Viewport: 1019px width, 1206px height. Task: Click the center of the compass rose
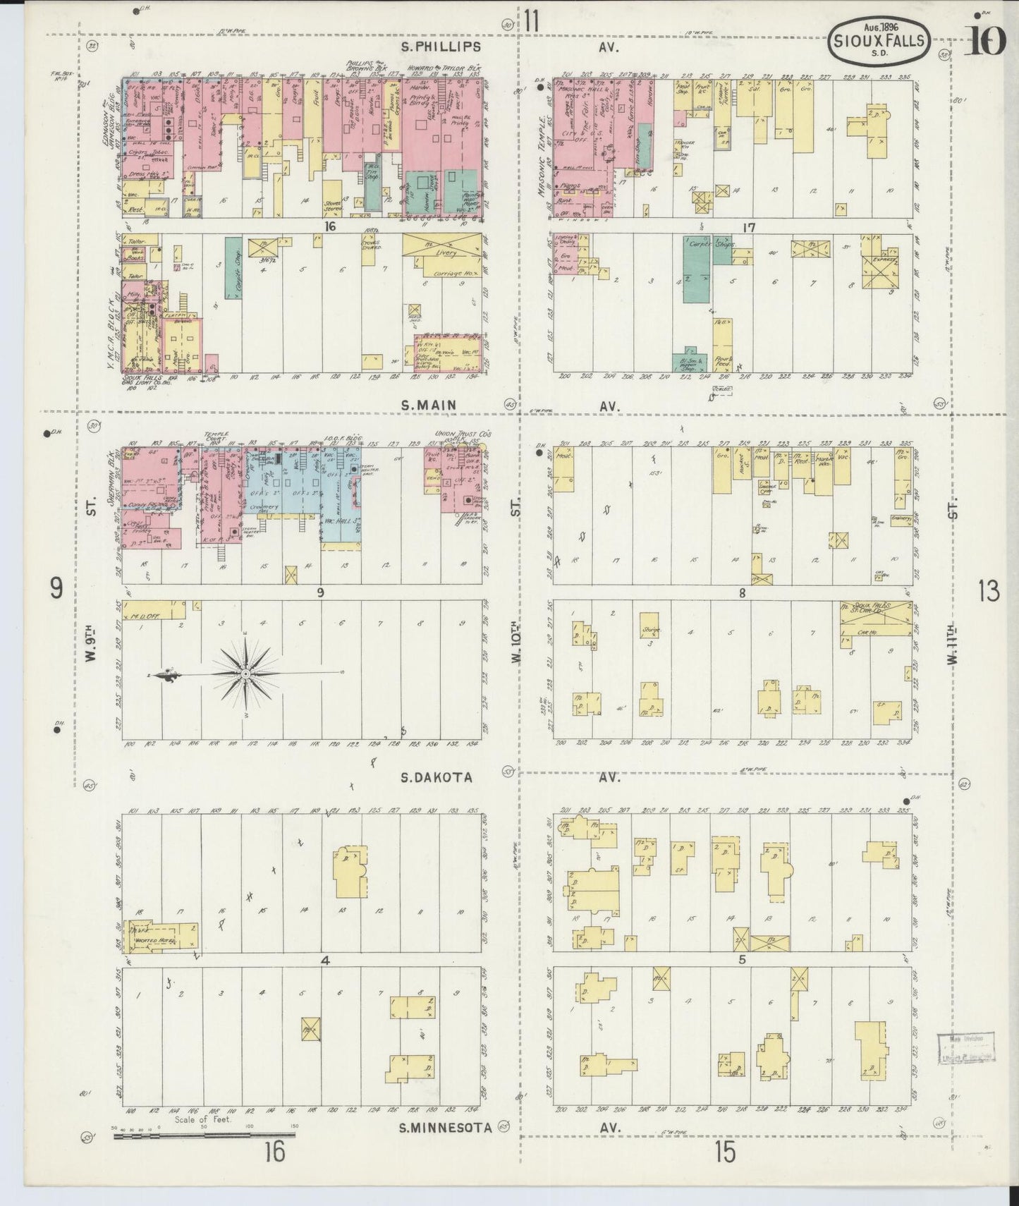[245, 674]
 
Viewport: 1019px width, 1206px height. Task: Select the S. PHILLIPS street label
[441, 47]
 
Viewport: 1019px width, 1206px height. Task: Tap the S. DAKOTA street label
[436, 776]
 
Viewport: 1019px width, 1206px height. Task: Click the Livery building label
[445, 252]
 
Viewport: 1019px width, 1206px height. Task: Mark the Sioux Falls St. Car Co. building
[873, 613]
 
